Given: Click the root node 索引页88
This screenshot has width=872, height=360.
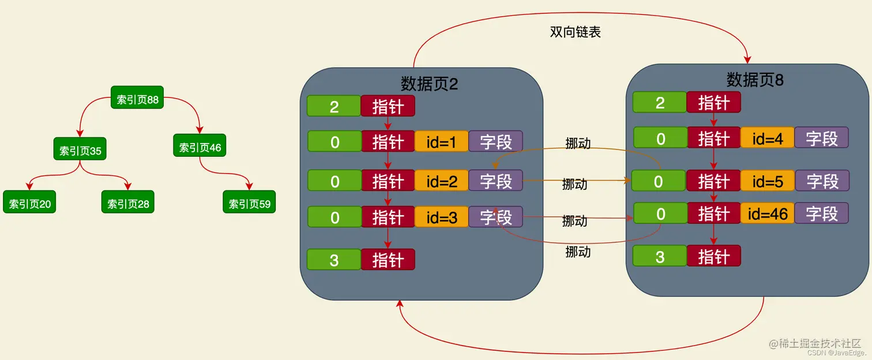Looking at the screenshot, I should click(137, 100).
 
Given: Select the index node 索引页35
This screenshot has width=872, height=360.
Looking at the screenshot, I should click(80, 151).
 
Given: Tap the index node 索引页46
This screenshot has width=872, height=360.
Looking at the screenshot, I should click(200, 147).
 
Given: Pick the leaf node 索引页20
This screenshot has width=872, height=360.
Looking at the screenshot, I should click(29, 204).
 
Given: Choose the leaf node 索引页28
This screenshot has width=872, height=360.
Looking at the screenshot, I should click(128, 204).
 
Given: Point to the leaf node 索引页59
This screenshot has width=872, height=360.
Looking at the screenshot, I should click(249, 204).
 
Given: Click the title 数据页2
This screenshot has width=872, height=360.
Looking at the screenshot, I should click(429, 84).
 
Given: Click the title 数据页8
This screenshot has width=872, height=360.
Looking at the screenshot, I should click(755, 80).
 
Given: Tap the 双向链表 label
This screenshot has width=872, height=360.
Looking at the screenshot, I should click(576, 32).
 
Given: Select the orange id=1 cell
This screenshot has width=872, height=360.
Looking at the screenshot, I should click(441, 142).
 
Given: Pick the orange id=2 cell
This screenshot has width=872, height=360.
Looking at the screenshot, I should click(441, 181).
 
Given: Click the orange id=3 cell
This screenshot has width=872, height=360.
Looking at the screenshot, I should click(441, 217).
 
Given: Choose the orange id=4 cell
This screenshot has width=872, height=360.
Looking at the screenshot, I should click(767, 138).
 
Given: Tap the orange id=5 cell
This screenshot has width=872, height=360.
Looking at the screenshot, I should click(767, 181).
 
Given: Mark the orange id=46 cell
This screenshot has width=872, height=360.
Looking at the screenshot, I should click(767, 214).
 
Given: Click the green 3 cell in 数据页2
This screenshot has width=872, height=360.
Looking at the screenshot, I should click(334, 260).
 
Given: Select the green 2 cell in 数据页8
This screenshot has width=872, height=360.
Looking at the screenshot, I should click(660, 103).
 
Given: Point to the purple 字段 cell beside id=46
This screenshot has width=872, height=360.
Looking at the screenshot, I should click(821, 214).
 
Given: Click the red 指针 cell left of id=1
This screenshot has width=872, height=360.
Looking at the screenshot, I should click(388, 142).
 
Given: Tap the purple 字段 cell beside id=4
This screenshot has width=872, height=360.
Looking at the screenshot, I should click(821, 138).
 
